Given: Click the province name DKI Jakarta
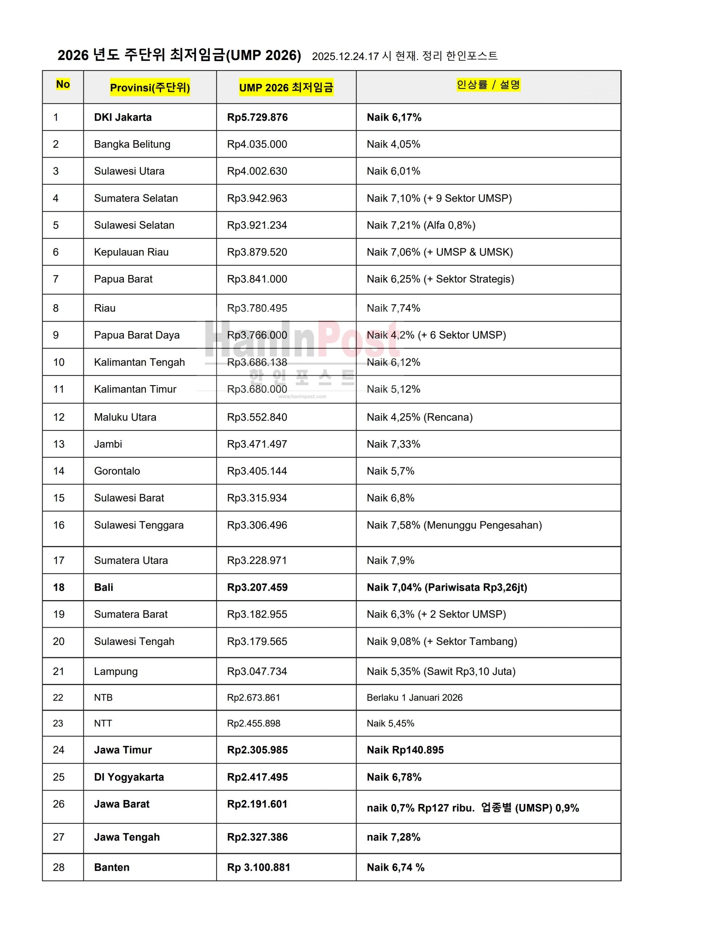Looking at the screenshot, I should (x=123, y=117).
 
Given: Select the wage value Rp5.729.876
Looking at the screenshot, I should (x=257, y=117).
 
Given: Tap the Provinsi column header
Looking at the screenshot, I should (x=150, y=87).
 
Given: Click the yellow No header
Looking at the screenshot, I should (x=63, y=84).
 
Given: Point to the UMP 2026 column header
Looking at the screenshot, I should (x=286, y=87).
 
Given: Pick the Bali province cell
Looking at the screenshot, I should (x=104, y=587).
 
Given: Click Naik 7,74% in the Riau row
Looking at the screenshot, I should (x=393, y=308).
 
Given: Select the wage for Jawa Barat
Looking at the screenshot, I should (x=257, y=804).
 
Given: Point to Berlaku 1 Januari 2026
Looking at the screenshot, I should (x=414, y=698).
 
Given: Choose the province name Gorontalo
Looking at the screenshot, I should (x=117, y=471).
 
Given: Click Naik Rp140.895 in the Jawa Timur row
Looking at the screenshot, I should (x=405, y=750).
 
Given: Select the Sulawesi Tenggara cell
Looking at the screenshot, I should (x=139, y=525).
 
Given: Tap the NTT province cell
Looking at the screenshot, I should (x=103, y=723).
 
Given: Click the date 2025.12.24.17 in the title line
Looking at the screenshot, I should (x=345, y=56).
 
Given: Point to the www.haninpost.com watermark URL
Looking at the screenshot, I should (x=302, y=397).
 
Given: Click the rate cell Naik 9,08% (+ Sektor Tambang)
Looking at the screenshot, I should (x=442, y=641).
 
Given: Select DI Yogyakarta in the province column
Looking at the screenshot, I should (x=129, y=777).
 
